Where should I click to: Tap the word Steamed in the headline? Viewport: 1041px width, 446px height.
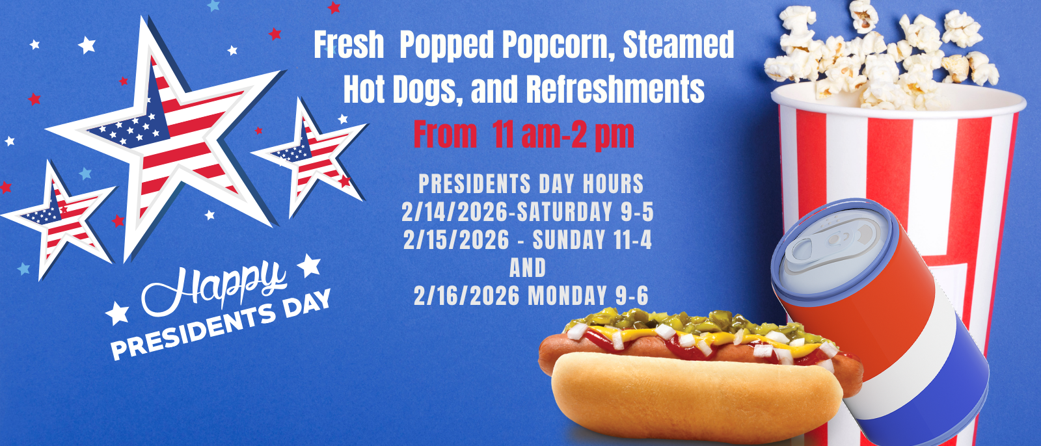tap(679, 46)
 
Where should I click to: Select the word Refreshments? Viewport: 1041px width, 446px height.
tap(615, 90)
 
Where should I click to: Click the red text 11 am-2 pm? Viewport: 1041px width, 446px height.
tap(563, 135)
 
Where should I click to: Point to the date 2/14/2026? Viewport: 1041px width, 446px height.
tap(454, 213)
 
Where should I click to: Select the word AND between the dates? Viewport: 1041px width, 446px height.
tap(528, 268)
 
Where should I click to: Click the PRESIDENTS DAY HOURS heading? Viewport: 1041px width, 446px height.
tap(531, 184)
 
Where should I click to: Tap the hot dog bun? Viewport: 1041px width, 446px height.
tap(690, 397)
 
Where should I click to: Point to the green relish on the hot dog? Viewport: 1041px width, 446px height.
tap(683, 322)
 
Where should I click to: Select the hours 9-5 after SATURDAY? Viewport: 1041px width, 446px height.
tap(637, 213)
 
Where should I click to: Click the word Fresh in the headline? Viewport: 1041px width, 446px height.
tap(349, 46)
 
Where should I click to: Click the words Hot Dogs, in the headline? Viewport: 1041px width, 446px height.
tap(403, 90)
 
